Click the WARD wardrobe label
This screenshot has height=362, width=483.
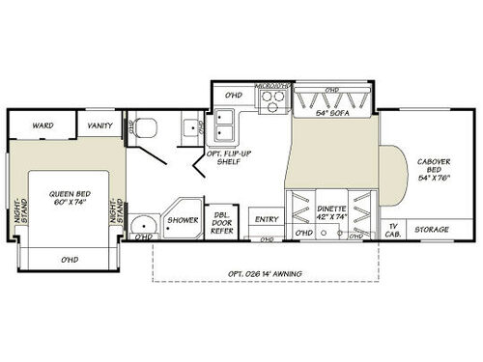[42, 125]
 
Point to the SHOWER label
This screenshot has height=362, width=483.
[183, 220]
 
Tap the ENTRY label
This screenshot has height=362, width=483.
[266, 219]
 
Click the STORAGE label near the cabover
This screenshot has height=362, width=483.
[432, 230]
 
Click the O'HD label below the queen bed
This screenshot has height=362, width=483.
[69, 259]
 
